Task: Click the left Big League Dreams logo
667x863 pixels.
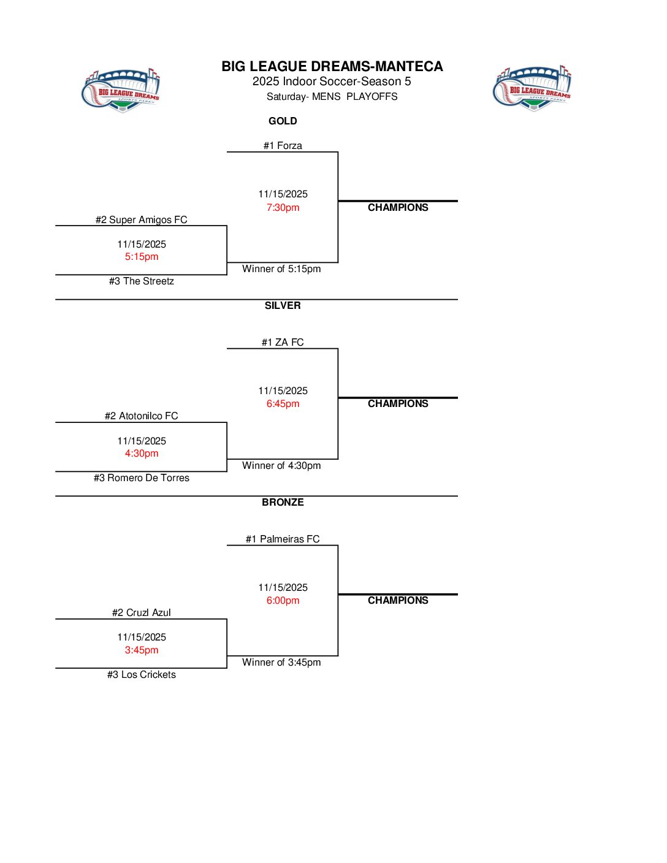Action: click(x=121, y=90)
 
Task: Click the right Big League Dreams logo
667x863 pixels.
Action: click(x=532, y=88)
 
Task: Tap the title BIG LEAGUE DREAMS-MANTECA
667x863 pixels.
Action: click(x=332, y=66)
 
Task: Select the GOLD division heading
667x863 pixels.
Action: click(x=283, y=121)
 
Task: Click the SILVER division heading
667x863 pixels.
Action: click(x=283, y=305)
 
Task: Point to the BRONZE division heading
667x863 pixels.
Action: click(x=283, y=502)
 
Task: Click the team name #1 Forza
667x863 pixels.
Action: click(x=283, y=145)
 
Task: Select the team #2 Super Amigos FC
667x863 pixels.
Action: click(x=141, y=219)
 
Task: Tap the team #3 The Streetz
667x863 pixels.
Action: click(x=141, y=281)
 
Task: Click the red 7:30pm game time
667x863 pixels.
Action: click(x=283, y=207)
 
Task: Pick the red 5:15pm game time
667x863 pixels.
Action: click(x=142, y=256)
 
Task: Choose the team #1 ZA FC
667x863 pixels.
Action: click(x=283, y=342)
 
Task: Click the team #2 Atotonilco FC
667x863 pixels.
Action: click(x=141, y=416)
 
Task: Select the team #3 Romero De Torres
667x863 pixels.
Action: click(x=141, y=477)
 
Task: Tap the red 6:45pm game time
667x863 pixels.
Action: click(x=283, y=403)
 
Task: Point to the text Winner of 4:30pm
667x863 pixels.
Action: click(x=281, y=465)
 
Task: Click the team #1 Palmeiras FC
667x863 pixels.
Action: click(x=283, y=539)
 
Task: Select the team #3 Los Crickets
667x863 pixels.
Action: click(x=141, y=674)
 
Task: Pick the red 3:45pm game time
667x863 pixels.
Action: click(x=142, y=650)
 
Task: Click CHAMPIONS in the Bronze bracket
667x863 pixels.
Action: click(x=398, y=600)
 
